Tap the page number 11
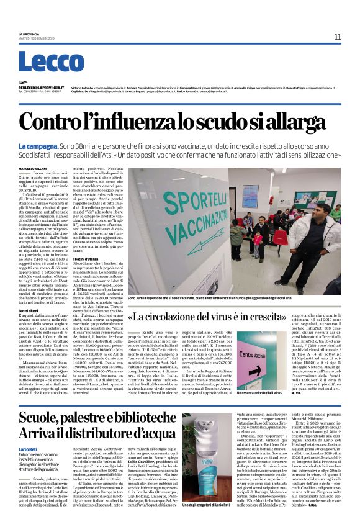(x=337, y=37)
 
